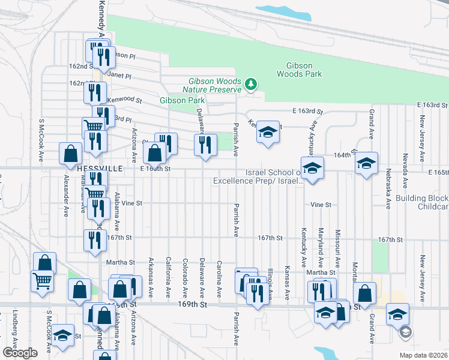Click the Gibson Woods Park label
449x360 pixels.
[299, 70]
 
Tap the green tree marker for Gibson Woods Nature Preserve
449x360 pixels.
[251, 85]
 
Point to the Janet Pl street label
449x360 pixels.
[120, 76]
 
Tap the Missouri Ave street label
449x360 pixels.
[338, 248]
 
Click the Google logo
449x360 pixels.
[20, 352]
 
